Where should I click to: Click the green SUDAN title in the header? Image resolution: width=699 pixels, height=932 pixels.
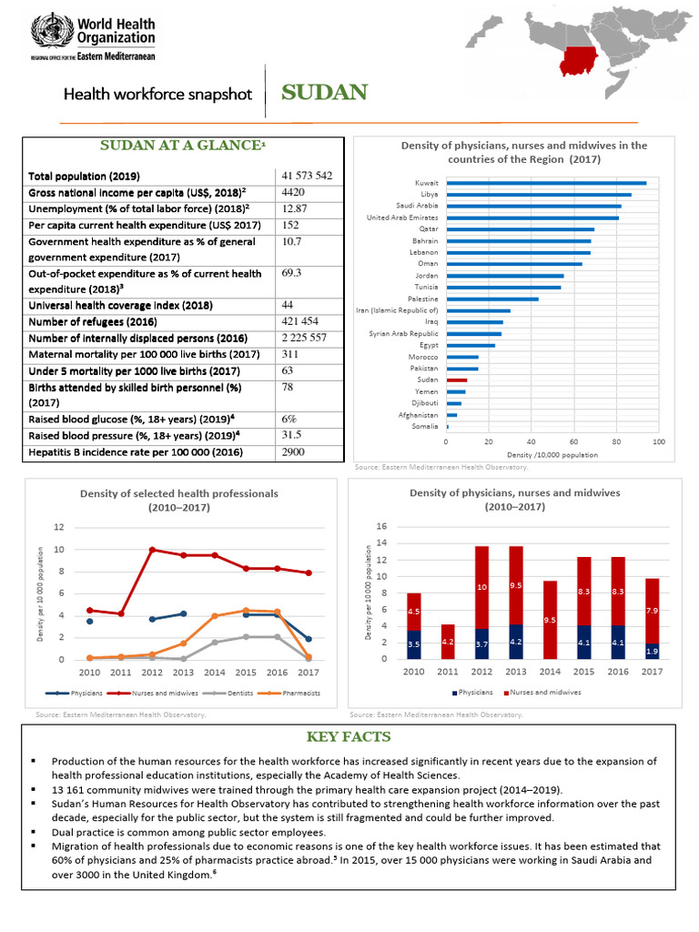click(324, 92)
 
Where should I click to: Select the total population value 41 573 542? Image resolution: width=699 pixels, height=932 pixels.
click(307, 175)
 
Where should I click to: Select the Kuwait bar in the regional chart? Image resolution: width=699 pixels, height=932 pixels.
click(546, 183)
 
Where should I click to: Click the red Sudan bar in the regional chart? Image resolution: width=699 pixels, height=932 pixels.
click(456, 380)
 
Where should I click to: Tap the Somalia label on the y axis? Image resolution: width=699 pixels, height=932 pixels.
click(424, 426)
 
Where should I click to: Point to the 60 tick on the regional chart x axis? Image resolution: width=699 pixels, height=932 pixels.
click(574, 441)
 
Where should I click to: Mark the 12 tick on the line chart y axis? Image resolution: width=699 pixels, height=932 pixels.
click(58, 528)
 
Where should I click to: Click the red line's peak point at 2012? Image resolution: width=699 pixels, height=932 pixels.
click(152, 549)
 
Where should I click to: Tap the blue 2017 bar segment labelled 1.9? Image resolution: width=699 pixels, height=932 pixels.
click(652, 651)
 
